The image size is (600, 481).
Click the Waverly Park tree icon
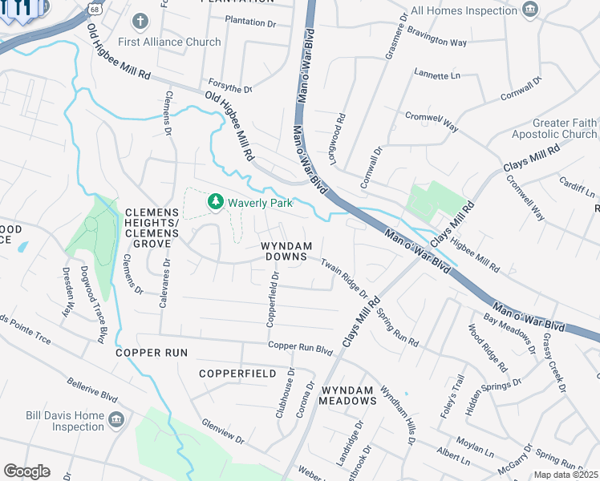(x=215, y=202)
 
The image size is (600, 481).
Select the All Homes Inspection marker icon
(x=529, y=10)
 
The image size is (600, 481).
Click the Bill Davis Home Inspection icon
(x=116, y=419)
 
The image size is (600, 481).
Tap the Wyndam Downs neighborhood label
(x=284, y=250)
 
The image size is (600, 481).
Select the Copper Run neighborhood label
(x=151, y=353)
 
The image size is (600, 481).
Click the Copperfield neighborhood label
(x=237, y=374)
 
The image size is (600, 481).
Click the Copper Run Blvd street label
(x=300, y=349)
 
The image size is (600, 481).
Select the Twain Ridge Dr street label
(x=344, y=277)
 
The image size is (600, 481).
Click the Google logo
(x=26, y=471)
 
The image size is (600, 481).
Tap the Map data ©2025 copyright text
(x=565, y=475)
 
